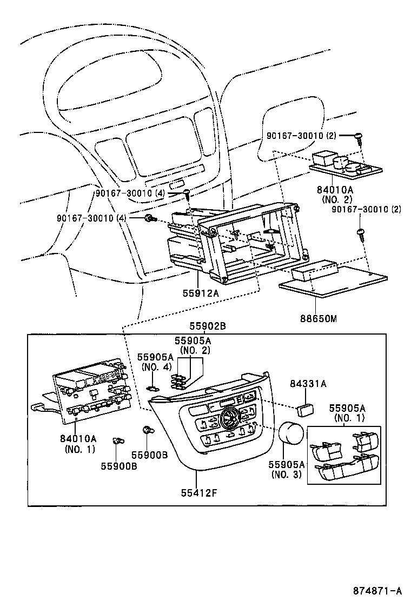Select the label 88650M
coord(319,319)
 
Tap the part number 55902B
coord(207,326)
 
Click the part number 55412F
coord(197,493)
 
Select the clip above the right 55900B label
coord(146,431)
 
